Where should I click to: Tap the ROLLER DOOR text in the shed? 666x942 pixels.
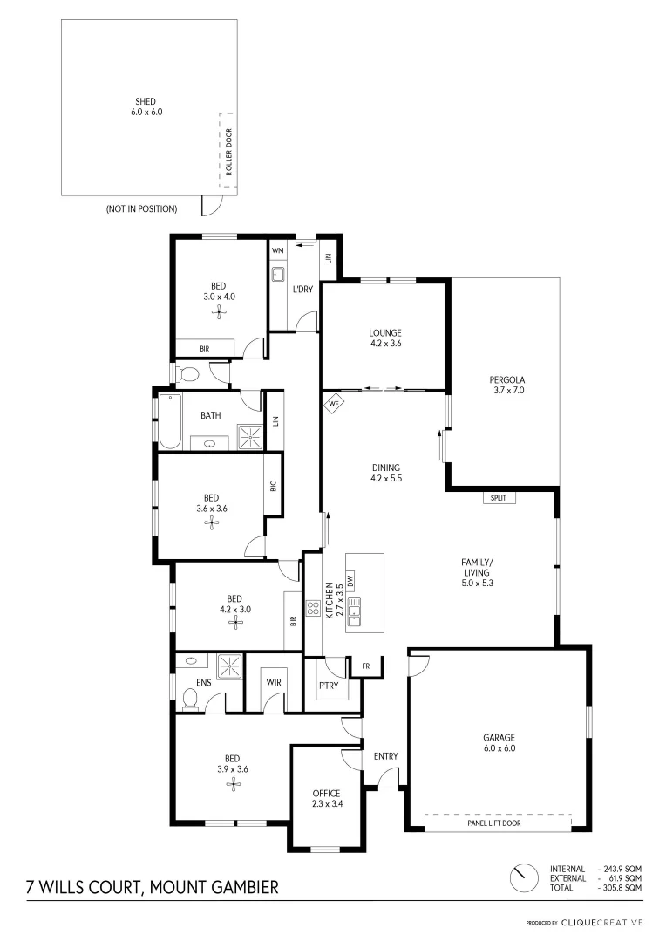[229, 154]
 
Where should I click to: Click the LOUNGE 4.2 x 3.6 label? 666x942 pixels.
[384, 338]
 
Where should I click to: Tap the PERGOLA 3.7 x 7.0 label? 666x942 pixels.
[506, 385]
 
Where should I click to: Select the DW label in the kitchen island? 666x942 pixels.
[350, 578]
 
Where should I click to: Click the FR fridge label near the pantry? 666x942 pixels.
[366, 666]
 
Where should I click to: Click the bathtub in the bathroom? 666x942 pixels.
[168, 421]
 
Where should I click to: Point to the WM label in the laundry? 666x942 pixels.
[278, 250]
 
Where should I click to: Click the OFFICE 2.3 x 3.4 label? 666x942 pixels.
[325, 798]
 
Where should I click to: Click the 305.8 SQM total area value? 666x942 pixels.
[621, 887]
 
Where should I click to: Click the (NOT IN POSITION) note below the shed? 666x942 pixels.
[141, 209]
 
